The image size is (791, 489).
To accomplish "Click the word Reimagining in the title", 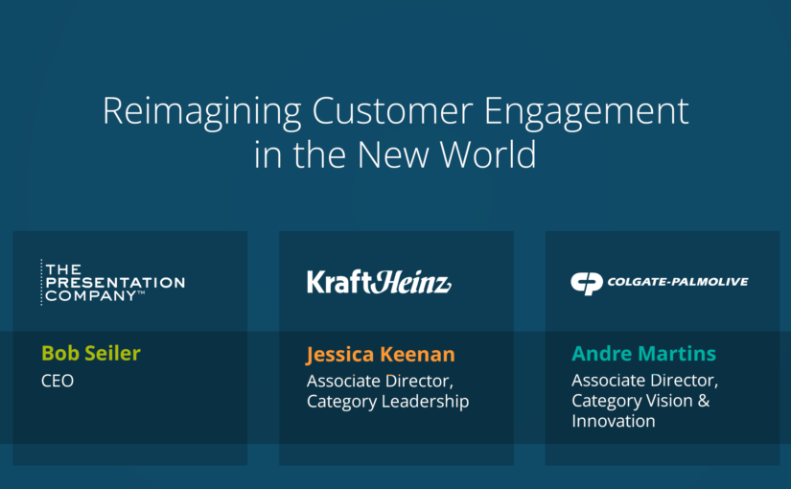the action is click(202, 112).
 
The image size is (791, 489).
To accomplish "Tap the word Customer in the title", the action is click(392, 111).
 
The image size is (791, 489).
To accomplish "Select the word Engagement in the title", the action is click(586, 112).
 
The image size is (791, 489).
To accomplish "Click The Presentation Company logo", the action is click(113, 282).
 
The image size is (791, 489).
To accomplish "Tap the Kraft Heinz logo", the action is click(379, 282).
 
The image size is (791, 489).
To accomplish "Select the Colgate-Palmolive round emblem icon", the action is click(587, 283).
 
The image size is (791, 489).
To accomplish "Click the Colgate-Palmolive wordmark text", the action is click(678, 282).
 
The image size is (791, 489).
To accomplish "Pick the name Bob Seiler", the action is click(91, 353).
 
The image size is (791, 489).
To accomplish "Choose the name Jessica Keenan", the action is click(381, 354).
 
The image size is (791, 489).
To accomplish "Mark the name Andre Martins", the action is click(643, 353).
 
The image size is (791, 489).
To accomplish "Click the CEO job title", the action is click(58, 381).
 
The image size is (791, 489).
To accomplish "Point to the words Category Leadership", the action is click(388, 401).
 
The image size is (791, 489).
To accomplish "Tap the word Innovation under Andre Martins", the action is click(614, 421).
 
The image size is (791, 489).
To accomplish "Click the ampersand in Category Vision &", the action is click(704, 400).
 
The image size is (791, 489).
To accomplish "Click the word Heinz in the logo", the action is click(411, 282).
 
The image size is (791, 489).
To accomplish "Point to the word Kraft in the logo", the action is click(339, 282).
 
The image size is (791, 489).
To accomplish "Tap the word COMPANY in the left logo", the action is click(91, 295).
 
